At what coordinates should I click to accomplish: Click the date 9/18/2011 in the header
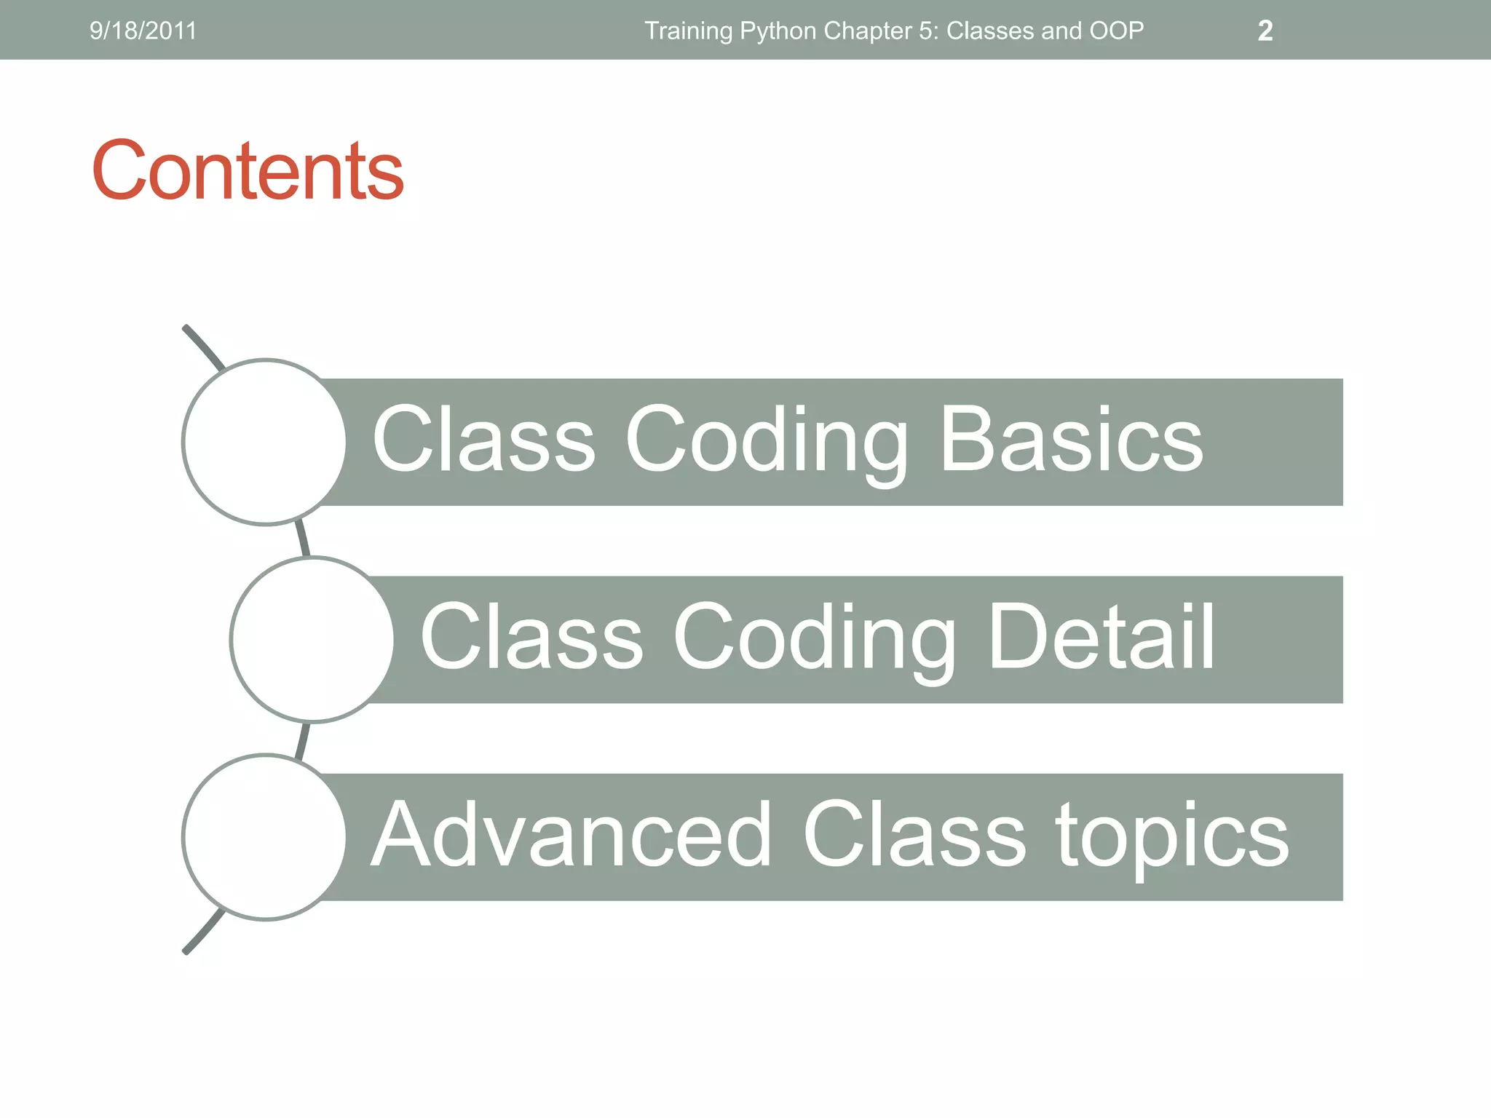(143, 31)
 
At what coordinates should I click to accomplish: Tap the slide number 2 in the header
(1265, 31)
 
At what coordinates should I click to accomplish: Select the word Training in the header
(688, 31)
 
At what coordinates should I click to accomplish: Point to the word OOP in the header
(1116, 31)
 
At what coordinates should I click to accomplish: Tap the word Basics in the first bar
(1071, 439)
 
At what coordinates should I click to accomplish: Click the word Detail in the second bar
(1101, 637)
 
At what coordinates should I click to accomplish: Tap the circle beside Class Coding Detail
(312, 640)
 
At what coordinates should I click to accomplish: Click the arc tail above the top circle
(203, 346)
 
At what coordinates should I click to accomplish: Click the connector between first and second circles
(303, 539)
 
